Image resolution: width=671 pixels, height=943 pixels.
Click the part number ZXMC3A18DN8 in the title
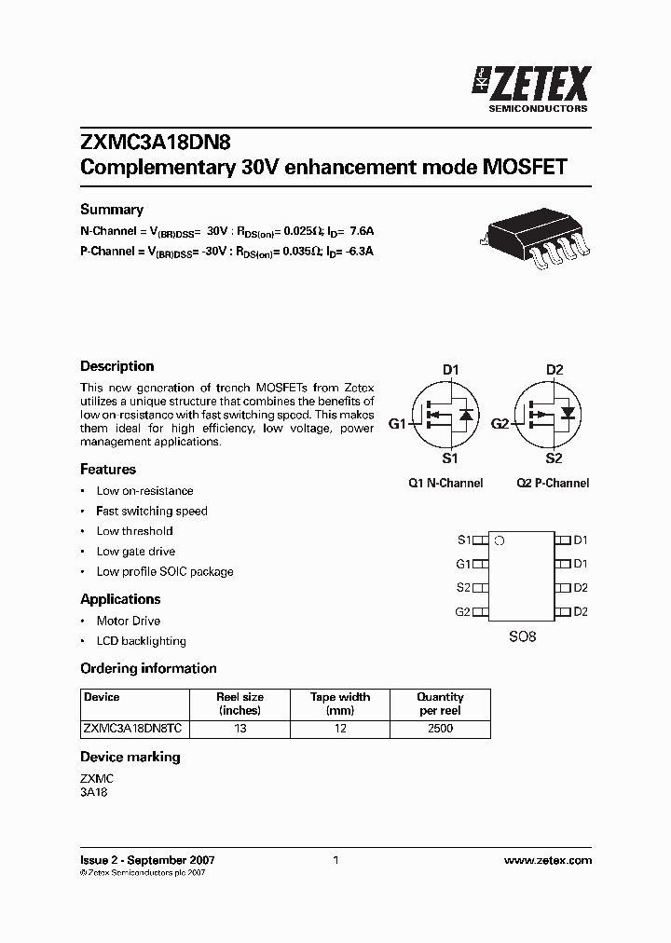click(x=155, y=142)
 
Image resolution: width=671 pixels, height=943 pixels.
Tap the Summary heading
click(x=111, y=210)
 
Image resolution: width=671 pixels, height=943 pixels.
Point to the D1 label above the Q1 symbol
click(x=451, y=370)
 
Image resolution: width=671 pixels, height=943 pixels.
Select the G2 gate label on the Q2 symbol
click(x=500, y=424)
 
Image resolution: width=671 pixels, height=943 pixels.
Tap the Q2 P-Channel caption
click(x=553, y=484)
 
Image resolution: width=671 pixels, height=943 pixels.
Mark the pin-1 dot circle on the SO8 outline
click(x=500, y=540)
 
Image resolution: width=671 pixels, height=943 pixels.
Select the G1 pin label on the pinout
click(x=463, y=564)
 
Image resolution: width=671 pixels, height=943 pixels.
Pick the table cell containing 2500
click(x=440, y=729)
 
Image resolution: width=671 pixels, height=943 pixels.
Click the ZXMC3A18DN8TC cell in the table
click(x=134, y=729)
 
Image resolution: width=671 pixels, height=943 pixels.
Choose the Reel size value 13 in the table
click(x=240, y=729)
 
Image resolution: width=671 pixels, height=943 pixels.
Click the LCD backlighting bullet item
click(x=141, y=641)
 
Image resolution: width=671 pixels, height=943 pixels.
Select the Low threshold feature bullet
click(x=134, y=531)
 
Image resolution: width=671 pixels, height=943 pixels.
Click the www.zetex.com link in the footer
click(x=552, y=861)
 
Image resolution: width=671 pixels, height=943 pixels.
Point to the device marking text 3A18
click(x=94, y=792)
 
